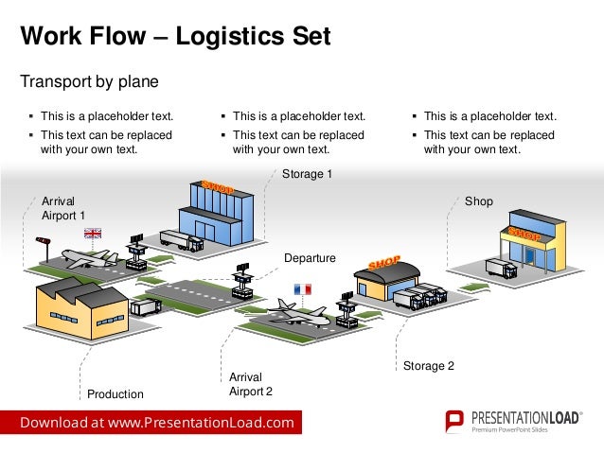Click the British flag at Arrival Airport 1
point(93,233)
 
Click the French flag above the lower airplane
point(303,287)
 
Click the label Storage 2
point(429,365)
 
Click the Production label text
point(115,393)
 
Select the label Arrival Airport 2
point(251,384)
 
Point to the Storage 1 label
point(308,174)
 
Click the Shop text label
point(478,201)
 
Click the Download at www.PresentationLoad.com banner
point(157,422)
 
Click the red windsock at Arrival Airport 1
point(42,240)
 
